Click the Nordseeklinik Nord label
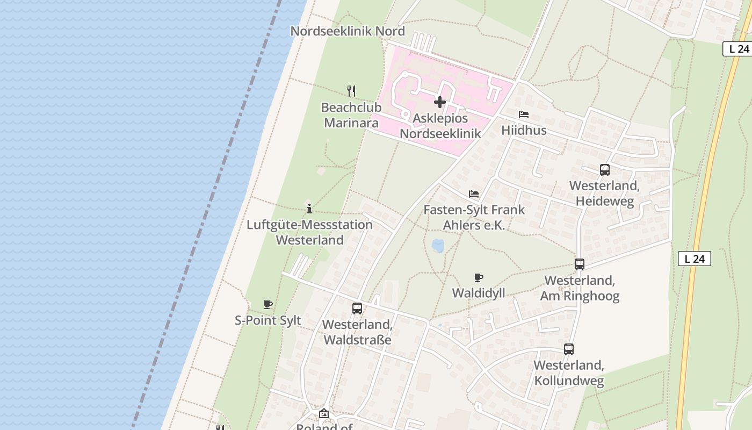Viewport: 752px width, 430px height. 348,31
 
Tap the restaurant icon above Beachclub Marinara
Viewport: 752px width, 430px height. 351,91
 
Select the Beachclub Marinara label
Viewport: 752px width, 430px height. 351,115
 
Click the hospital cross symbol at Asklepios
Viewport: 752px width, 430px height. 440,102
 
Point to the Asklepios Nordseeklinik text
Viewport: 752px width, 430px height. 440,126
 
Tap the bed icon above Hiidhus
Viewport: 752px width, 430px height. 524,114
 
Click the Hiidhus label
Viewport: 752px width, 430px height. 524,130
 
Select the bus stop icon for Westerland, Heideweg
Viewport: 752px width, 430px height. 605,170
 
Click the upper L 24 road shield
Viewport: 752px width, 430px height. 739,49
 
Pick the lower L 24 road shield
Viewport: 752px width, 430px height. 694,259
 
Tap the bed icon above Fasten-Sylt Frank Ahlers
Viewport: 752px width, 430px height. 474,194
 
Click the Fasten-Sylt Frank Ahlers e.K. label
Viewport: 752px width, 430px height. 474,217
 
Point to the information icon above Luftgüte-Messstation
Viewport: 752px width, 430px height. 309,209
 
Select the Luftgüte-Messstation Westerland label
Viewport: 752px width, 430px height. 309,232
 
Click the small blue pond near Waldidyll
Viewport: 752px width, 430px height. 438,246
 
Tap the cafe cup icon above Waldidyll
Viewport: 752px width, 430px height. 479,277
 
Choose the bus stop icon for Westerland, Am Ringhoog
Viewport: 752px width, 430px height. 580,264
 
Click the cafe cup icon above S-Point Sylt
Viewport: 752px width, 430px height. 268,305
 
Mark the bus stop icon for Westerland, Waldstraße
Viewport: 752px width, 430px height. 357,309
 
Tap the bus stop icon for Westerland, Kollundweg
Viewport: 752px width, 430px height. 569,349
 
